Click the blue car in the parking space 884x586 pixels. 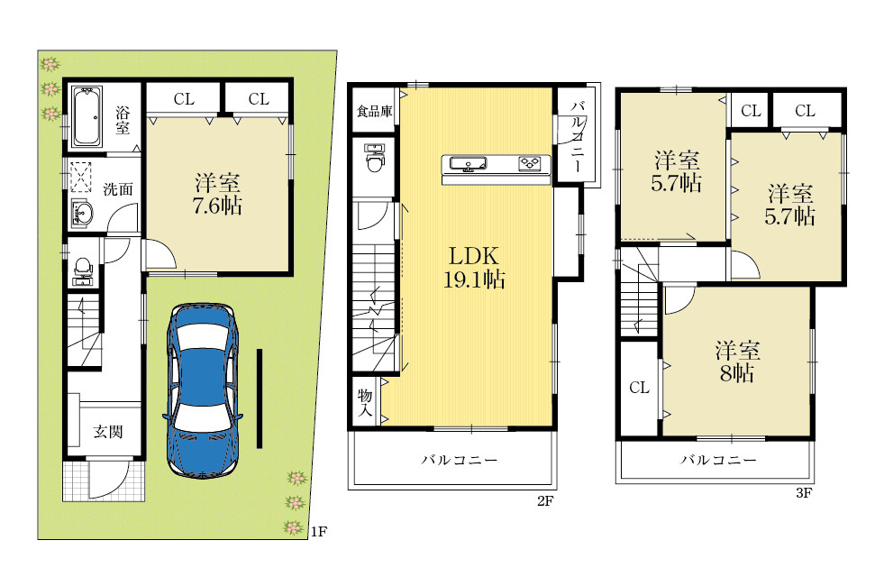tap(203, 390)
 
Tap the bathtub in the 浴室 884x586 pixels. tap(87, 115)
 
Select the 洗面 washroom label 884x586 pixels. tap(118, 189)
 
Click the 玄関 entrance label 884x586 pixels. tap(107, 432)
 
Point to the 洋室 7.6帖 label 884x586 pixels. tap(217, 194)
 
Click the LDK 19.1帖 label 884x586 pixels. tap(474, 268)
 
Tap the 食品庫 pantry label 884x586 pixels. tap(374, 111)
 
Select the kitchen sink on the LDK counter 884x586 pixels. tap(468, 164)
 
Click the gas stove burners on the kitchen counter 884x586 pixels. tap(530, 163)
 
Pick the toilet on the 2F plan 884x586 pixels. tap(374, 158)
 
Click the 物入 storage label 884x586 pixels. tap(365, 402)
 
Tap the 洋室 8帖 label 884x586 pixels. tap(737, 362)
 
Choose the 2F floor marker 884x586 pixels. tap(545, 500)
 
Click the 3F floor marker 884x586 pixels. tap(804, 493)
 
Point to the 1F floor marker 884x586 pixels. tap(319, 531)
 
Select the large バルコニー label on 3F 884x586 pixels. tap(718, 460)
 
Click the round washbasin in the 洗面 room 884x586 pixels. tap(84, 214)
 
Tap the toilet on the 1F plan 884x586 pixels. tap(83, 270)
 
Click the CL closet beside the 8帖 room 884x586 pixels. tap(639, 388)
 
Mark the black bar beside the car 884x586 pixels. tap(260, 398)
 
